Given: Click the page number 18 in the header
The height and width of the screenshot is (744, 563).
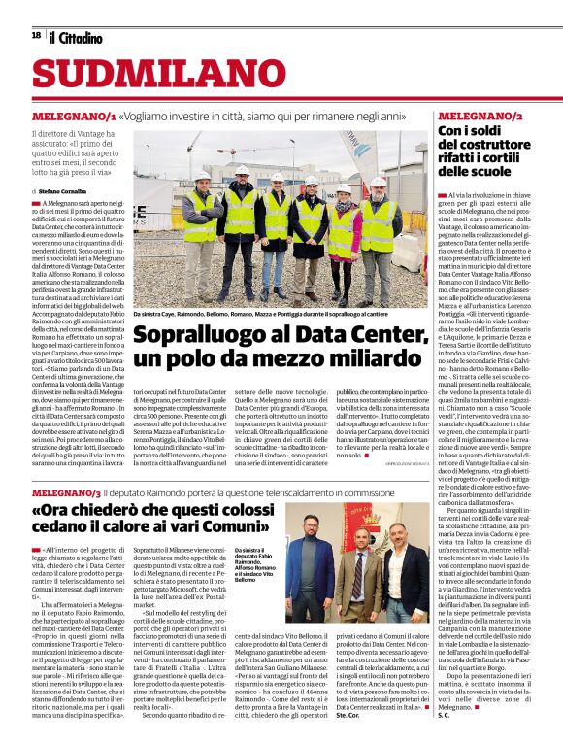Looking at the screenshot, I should click(35, 35).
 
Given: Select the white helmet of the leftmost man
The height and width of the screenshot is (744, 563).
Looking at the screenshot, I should click(201, 175).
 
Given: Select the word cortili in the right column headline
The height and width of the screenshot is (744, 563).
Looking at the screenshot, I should click(520, 157).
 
